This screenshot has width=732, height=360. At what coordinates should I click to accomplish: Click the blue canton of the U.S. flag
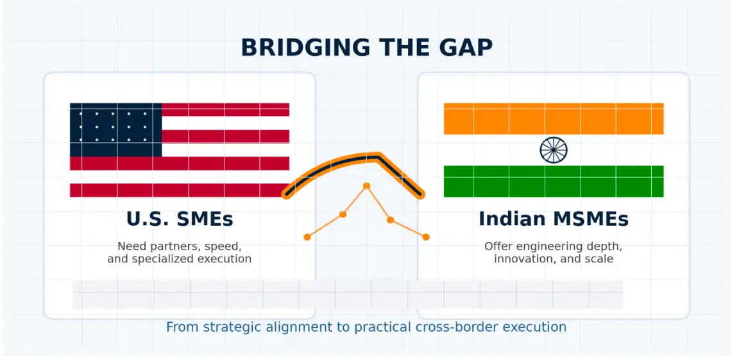tap(115, 130)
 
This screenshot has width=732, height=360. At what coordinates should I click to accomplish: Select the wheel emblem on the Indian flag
tap(553, 150)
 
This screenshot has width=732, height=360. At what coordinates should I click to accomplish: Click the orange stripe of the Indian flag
tap(553, 119)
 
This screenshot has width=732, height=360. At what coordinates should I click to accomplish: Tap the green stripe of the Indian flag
tap(553, 181)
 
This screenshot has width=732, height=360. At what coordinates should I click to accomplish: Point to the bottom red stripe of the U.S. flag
tap(179, 190)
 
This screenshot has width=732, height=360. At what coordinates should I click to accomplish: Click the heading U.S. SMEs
tap(180, 219)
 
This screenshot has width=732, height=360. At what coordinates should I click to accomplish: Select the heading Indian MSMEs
tap(554, 219)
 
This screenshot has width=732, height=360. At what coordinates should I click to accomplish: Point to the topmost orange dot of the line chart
tap(366, 186)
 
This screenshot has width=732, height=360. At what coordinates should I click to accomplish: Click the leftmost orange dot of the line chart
tap(307, 237)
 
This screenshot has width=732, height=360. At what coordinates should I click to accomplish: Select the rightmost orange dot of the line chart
tap(426, 237)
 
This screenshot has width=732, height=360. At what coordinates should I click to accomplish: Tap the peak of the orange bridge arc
tap(378, 156)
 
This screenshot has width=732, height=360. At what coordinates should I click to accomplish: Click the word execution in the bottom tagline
tap(532, 327)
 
